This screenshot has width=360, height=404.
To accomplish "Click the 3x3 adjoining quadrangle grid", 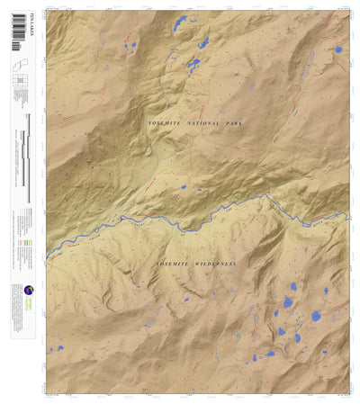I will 18,82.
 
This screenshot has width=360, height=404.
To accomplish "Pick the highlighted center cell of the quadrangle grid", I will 18,82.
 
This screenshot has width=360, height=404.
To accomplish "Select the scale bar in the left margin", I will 28,157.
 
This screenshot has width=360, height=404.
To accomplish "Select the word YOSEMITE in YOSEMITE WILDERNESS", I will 173,265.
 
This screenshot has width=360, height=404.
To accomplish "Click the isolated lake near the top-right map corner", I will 337,49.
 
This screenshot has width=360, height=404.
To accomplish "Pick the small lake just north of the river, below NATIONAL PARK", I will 183,187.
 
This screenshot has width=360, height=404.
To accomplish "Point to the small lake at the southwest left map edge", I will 51,349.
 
